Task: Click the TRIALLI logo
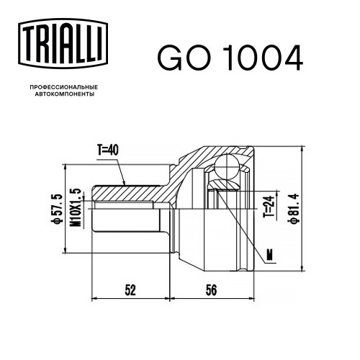[63, 43]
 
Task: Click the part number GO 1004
[230, 58]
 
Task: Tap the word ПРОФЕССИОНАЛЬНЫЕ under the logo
[64, 87]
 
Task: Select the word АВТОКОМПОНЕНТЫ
[65, 94]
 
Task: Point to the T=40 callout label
[108, 150]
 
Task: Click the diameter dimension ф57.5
[58, 209]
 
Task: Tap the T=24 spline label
[269, 207]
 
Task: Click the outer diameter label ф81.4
[294, 208]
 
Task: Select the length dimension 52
[130, 290]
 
